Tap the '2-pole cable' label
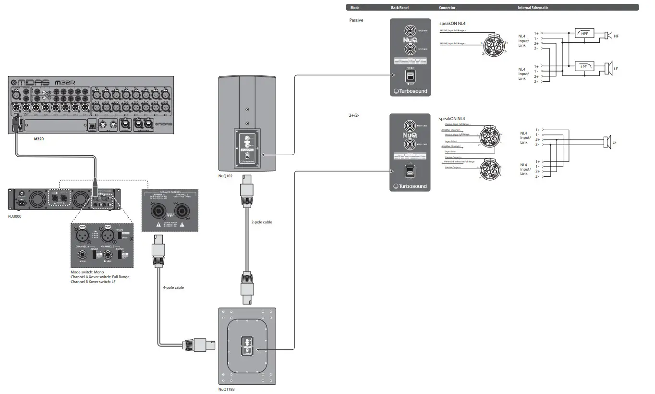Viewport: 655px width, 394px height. [262, 222]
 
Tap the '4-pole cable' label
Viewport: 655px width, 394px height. [173, 287]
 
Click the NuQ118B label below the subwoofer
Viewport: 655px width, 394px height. [227, 389]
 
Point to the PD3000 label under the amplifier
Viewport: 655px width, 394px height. [15, 216]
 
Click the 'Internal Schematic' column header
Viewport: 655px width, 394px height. [533, 8]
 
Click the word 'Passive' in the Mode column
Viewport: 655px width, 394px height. [356, 20]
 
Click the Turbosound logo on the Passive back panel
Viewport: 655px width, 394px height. [410, 91]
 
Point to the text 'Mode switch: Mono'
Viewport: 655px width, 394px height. [87, 272]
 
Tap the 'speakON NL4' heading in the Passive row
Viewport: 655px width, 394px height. [452, 23]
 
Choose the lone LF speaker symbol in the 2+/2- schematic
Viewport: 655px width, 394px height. [607, 142]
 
